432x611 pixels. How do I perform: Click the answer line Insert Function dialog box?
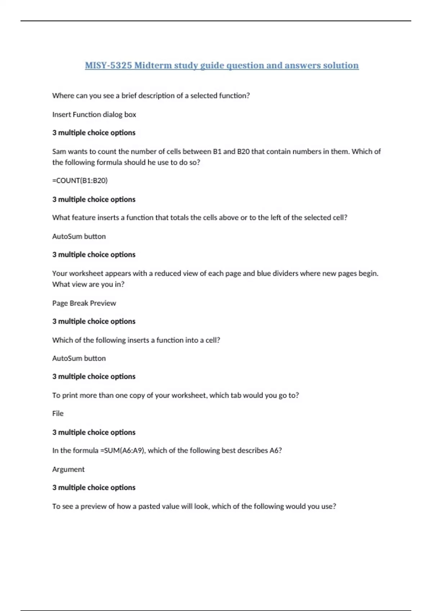click(94, 114)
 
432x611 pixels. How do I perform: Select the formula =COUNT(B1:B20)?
click(80, 180)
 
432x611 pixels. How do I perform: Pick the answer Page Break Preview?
click(84, 303)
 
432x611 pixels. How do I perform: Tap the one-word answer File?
click(58, 413)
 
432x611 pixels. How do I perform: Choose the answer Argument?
click(68, 469)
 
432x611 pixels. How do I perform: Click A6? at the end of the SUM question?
click(275, 450)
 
